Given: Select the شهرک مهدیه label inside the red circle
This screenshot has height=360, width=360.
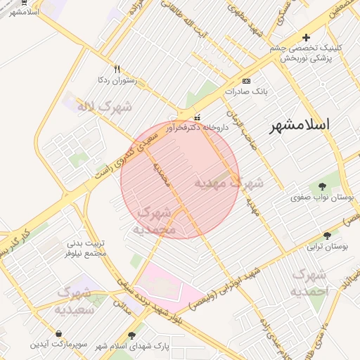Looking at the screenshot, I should (229, 183).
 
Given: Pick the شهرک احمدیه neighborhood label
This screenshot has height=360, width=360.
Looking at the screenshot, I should (310, 282).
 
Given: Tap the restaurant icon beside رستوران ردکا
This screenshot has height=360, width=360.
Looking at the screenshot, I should (117, 69).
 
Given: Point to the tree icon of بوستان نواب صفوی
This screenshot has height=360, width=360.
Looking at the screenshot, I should (323, 186).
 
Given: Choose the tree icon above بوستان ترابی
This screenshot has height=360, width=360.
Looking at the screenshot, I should (327, 236).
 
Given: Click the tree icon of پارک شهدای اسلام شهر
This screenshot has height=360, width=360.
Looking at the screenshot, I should (131, 335).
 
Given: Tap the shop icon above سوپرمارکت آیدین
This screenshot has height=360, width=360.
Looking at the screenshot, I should (58, 333).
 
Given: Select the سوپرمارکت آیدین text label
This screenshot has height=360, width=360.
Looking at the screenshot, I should (58, 345).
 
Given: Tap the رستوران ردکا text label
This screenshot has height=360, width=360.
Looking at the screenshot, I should (117, 81).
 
